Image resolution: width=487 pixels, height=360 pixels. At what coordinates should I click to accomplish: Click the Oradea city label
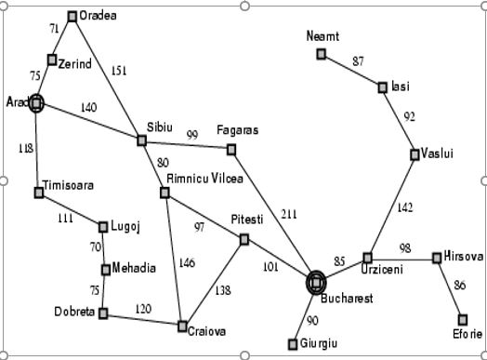click(98, 16)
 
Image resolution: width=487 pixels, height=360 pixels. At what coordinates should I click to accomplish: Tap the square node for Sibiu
click(142, 140)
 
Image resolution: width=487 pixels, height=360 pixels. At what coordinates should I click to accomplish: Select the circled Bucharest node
click(316, 281)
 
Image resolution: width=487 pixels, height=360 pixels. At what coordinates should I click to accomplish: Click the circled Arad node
click(36, 102)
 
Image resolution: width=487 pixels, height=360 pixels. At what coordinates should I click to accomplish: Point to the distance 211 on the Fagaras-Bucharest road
click(289, 214)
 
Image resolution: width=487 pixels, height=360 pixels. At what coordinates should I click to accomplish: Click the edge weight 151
click(119, 70)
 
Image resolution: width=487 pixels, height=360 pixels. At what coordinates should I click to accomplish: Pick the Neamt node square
click(322, 54)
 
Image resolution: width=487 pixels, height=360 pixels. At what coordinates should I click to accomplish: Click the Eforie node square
click(463, 320)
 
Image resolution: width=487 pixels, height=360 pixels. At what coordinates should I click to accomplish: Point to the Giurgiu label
click(320, 344)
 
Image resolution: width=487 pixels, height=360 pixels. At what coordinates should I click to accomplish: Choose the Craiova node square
click(182, 326)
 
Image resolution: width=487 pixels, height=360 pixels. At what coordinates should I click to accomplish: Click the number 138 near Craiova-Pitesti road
click(224, 291)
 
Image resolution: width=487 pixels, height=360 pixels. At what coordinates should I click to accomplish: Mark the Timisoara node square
click(39, 193)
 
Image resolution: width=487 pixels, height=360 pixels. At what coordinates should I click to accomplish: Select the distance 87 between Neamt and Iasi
click(358, 61)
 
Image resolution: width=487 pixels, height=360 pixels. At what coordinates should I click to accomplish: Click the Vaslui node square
click(415, 154)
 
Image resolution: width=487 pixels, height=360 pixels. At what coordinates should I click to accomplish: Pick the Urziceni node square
click(368, 258)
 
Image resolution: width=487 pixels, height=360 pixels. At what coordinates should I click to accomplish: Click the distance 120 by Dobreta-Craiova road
click(142, 308)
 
